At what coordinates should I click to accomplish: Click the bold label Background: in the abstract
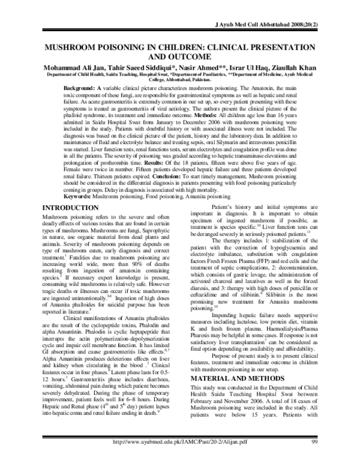tap(82, 88)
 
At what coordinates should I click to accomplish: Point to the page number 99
tap(315, 459)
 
